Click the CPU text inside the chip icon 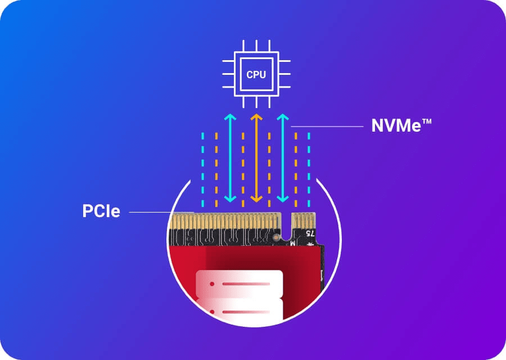coord(256,74)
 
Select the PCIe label coord(101,211)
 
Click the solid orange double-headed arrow coord(256,157)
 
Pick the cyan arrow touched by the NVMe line coord(283,157)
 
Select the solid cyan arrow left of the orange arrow coord(229,157)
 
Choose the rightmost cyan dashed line coord(310,169)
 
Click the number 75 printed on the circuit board coord(309,232)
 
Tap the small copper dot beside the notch coord(275,238)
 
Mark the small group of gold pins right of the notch coord(302,220)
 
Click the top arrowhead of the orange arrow coord(256,117)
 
